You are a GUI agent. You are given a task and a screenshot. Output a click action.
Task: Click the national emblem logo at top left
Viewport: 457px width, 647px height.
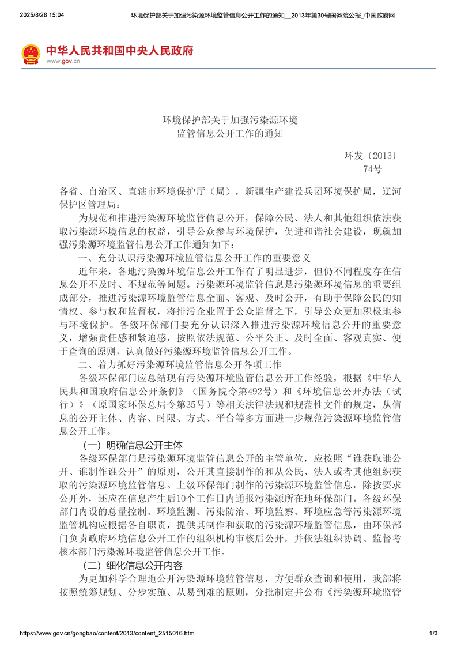31,54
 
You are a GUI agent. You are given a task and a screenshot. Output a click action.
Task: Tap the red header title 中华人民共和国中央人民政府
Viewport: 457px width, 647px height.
119,50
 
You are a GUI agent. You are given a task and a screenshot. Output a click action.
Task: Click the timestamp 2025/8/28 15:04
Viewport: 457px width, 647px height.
41,14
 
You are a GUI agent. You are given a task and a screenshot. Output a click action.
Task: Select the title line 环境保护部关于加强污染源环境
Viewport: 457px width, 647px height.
229,121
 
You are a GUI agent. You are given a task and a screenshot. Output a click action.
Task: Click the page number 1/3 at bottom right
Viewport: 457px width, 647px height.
434,633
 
